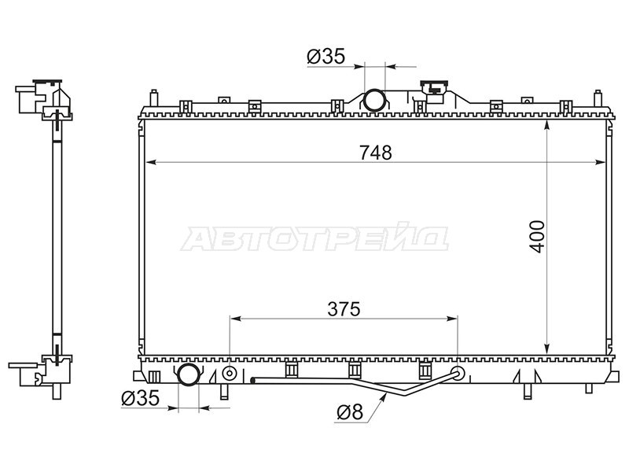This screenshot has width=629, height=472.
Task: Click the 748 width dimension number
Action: pyautogui.click(x=376, y=153)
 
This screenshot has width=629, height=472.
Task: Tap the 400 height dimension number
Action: pyautogui.click(x=538, y=237)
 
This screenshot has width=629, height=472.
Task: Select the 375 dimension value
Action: pyautogui.click(x=344, y=309)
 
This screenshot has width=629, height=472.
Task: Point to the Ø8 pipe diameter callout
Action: pyautogui.click(x=350, y=412)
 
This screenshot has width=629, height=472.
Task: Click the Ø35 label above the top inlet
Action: pyautogui.click(x=326, y=57)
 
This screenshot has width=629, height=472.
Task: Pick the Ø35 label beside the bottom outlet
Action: pyautogui.click(x=141, y=398)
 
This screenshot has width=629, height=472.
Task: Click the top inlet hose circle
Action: pyautogui.click(x=374, y=101)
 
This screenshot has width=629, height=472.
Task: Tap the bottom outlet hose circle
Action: pyautogui.click(x=189, y=374)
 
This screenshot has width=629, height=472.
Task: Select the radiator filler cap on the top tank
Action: pyautogui.click(x=434, y=87)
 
